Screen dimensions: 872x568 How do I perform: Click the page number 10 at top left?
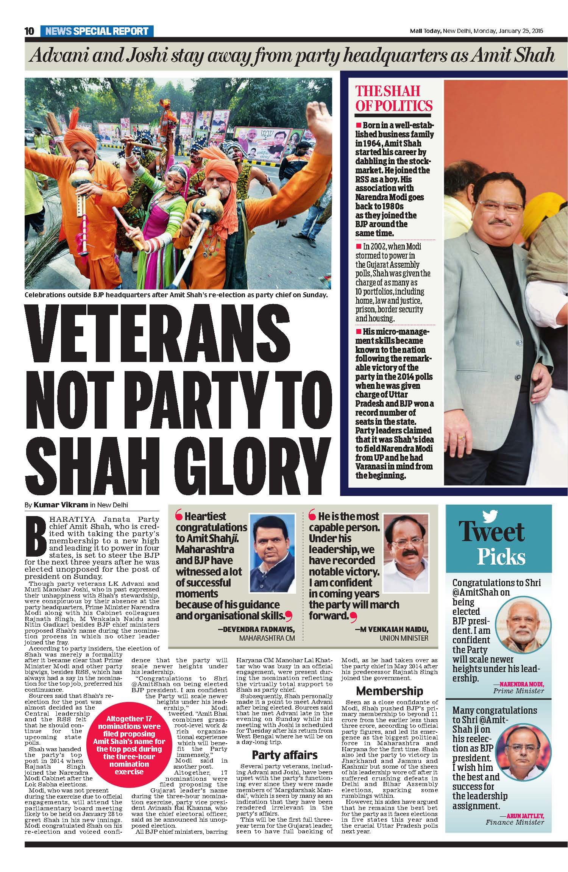click(30, 31)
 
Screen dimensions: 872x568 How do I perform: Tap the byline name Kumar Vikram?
click(61, 505)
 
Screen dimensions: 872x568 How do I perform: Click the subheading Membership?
click(389, 691)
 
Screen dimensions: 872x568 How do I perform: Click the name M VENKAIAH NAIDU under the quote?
click(392, 629)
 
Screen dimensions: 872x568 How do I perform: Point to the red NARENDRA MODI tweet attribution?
click(521, 684)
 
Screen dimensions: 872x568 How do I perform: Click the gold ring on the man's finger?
click(461, 437)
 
